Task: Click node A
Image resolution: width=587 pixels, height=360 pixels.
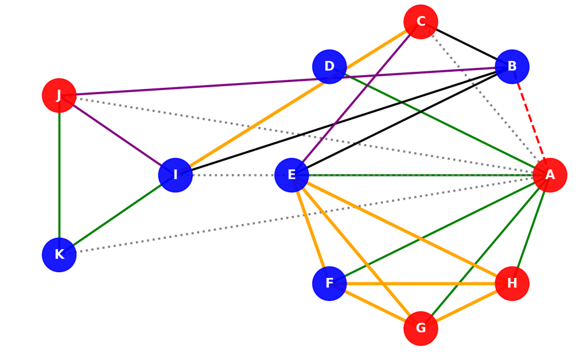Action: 550,175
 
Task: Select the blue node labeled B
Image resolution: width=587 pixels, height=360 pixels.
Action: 512,67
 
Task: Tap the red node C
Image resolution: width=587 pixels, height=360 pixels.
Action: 421,22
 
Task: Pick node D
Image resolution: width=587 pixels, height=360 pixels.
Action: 329,67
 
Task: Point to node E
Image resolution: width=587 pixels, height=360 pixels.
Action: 291,175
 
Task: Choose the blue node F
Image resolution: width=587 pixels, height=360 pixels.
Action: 329,284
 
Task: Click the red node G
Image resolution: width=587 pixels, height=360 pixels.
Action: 421,328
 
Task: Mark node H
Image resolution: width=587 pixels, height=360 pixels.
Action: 512,284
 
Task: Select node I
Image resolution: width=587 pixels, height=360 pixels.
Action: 176,175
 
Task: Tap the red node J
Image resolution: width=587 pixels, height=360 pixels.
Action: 59,95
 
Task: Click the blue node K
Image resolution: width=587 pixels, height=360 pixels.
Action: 59,255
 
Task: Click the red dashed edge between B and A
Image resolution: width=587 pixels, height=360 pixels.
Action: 531,121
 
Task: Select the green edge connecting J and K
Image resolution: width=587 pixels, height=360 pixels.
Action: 59,175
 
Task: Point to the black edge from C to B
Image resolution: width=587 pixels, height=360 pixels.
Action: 466,44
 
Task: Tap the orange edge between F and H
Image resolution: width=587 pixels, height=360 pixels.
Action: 421,284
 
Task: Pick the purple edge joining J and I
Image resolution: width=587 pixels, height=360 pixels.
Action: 117,135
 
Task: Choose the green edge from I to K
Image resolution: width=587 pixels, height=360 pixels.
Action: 117,215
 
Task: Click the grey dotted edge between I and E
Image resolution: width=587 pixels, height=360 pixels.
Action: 234,175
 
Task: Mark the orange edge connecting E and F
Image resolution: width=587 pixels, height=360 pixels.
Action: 310,230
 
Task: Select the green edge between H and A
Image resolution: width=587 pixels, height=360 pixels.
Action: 531,230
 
